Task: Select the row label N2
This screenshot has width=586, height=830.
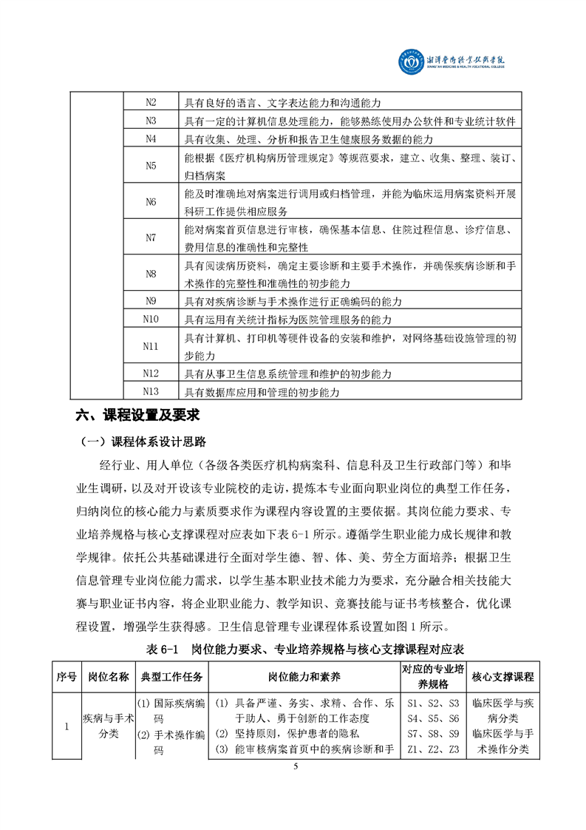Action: [x=151, y=102]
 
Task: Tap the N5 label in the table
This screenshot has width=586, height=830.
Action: [x=151, y=166]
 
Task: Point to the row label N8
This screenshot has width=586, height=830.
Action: [x=151, y=274]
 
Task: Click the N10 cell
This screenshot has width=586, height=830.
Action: [x=151, y=319]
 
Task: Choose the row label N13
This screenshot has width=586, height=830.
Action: [x=151, y=391]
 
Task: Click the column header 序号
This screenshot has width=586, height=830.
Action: [x=66, y=677]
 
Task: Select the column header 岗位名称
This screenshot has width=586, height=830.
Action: [x=108, y=677]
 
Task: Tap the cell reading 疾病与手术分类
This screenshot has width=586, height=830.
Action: [x=108, y=726]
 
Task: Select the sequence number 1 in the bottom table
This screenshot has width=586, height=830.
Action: [x=66, y=726]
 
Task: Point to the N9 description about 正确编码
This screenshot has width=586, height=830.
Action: [x=293, y=301]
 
